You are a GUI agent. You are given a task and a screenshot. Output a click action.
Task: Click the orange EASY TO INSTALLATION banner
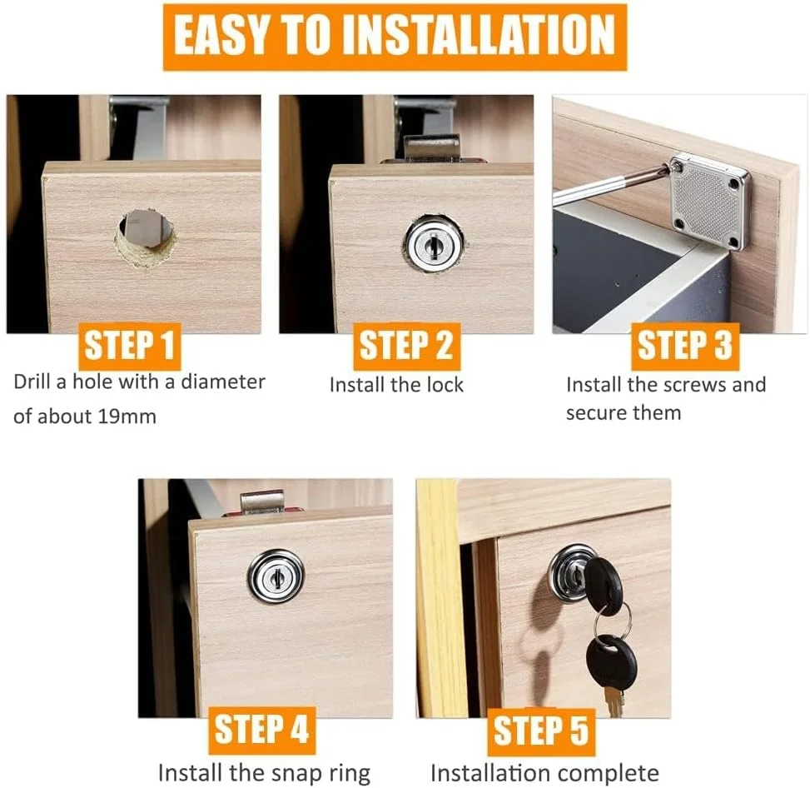(x=394, y=37)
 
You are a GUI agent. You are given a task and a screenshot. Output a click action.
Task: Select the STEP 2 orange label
(x=407, y=346)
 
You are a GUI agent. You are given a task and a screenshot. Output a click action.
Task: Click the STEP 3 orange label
(x=684, y=346)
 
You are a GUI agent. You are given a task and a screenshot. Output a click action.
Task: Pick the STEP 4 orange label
(x=261, y=730)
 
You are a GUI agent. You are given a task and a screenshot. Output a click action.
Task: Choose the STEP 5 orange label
(x=540, y=731)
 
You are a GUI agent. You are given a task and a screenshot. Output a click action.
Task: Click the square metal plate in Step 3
(x=709, y=201)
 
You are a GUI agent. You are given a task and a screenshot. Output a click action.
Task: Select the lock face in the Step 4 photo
(x=276, y=576)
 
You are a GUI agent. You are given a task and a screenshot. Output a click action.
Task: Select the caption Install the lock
(x=396, y=385)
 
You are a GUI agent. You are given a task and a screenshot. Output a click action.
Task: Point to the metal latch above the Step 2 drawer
(x=431, y=147)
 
